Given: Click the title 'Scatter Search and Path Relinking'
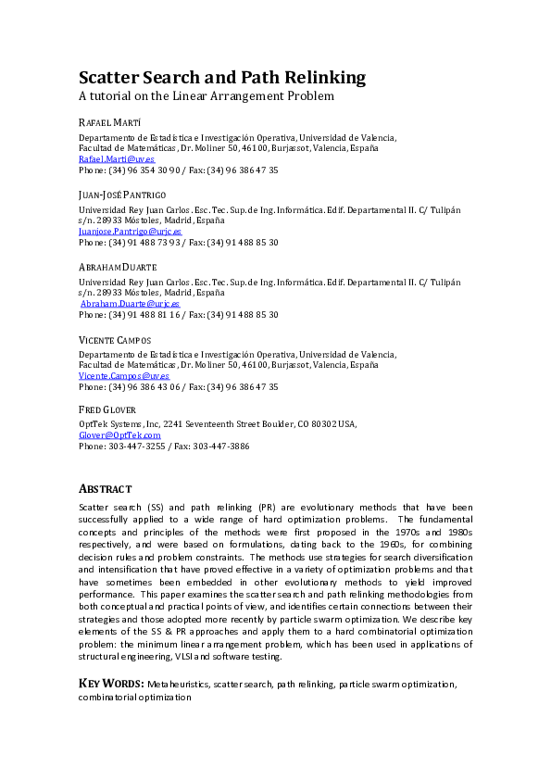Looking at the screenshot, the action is tap(221, 77).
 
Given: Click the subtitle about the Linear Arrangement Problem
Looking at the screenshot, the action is tap(205, 95).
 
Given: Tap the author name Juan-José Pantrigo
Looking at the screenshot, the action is tap(123, 194).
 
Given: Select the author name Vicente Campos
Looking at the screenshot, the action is tap(114, 339).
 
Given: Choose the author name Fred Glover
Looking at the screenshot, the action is tap(106, 409).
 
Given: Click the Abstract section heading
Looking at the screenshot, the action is tap(105, 488).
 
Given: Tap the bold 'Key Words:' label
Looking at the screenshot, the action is tap(110, 684).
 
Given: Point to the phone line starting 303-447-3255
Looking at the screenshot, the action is tap(163, 446).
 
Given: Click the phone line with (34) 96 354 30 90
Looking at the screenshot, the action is tap(178, 170).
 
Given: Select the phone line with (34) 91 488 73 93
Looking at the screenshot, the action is tap(178, 243).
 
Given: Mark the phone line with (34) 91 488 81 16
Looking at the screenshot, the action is tap(178, 315).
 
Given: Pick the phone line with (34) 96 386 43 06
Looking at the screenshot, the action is tap(178, 387).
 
